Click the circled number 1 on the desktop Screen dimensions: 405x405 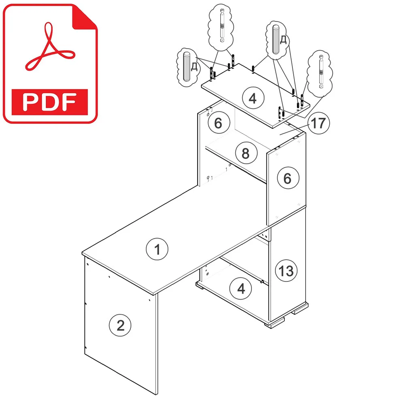pyautogui.click(x=157, y=249)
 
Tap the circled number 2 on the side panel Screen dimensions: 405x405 pyautogui.click(x=120, y=325)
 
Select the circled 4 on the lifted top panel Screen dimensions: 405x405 pyautogui.click(x=253, y=98)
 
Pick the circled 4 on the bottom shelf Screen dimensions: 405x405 pyautogui.click(x=241, y=288)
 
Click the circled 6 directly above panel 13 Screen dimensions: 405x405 pyautogui.click(x=288, y=178)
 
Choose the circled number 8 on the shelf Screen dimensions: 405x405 pyautogui.click(x=246, y=153)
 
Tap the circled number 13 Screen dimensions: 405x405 pyautogui.click(x=286, y=271)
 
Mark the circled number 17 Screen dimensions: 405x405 pyautogui.click(x=318, y=123)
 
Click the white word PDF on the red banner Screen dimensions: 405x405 pyautogui.click(x=49, y=102)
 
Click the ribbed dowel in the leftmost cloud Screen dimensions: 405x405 pyautogui.click(x=186, y=67)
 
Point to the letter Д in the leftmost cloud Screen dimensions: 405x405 pyautogui.click(x=194, y=67)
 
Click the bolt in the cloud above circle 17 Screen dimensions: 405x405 pyautogui.click(x=321, y=71)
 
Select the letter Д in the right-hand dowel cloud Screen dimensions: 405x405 pyautogui.click(x=283, y=40)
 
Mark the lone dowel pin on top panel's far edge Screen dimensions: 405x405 pyautogui.click(x=253, y=69)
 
